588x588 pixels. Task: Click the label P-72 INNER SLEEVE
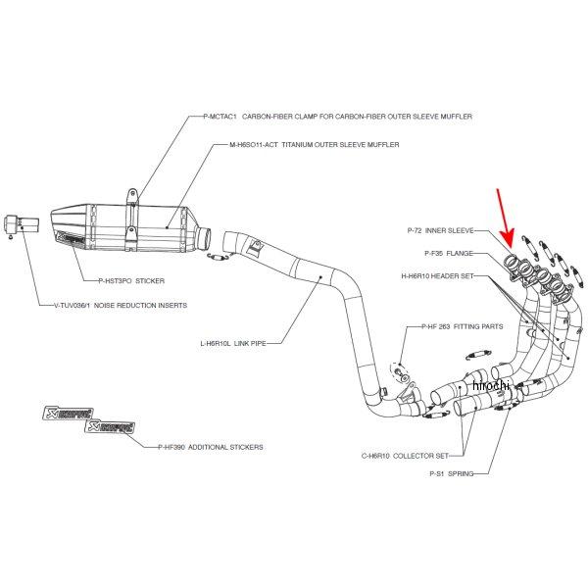pos(440,231)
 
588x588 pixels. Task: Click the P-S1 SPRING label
pos(452,474)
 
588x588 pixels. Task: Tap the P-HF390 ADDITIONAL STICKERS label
pos(210,446)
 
